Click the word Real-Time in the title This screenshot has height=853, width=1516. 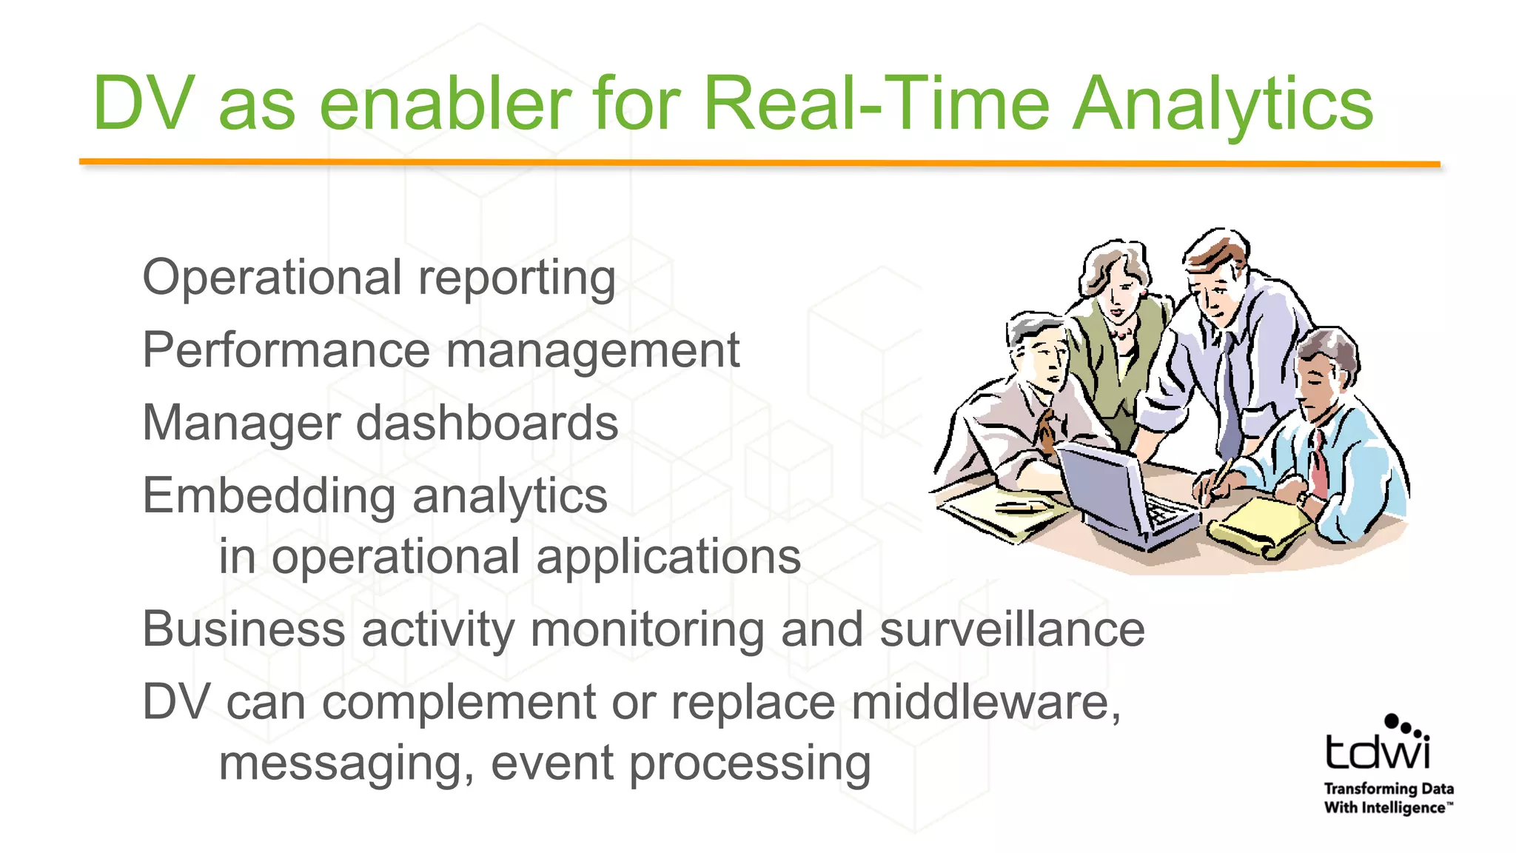[x=876, y=104]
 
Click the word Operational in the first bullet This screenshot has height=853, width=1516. [x=271, y=278]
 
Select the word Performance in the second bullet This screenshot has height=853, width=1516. [x=286, y=350]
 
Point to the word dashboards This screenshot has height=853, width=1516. [x=487, y=423]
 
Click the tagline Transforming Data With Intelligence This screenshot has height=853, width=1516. [x=1389, y=798]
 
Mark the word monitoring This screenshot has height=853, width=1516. [x=647, y=629]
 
